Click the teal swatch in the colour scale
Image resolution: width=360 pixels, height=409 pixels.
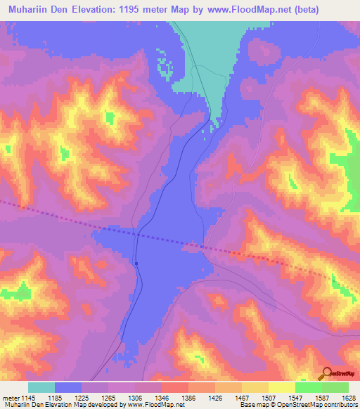pyautogui.click(x=41, y=387)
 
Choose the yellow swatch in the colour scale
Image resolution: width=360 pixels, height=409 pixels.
pyautogui.click(x=281, y=387)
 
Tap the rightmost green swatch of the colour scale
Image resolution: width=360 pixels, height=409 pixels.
pyautogui.click(x=335, y=387)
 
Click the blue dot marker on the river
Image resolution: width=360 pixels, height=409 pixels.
pyautogui.click(x=136, y=264)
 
